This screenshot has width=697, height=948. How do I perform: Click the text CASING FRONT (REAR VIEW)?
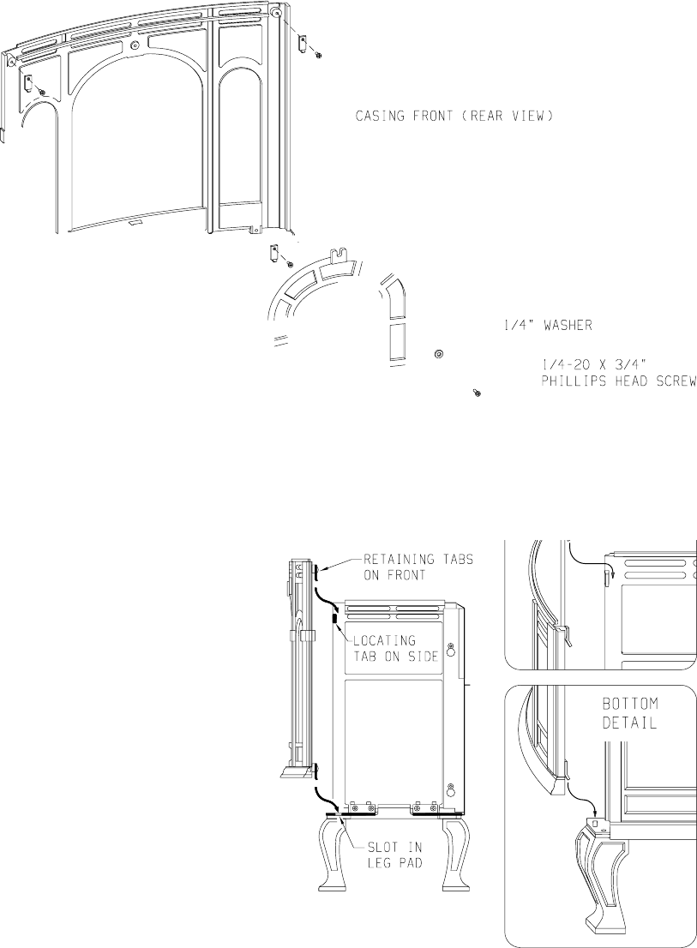click(x=450, y=116)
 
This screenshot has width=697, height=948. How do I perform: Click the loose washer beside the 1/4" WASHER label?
click(x=438, y=354)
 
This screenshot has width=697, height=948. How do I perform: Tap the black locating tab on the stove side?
click(x=334, y=616)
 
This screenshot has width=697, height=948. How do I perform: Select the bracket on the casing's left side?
click(x=27, y=82)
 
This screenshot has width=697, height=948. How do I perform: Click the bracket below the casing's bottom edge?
click(x=273, y=254)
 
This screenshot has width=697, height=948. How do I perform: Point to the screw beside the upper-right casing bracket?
click(x=319, y=56)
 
